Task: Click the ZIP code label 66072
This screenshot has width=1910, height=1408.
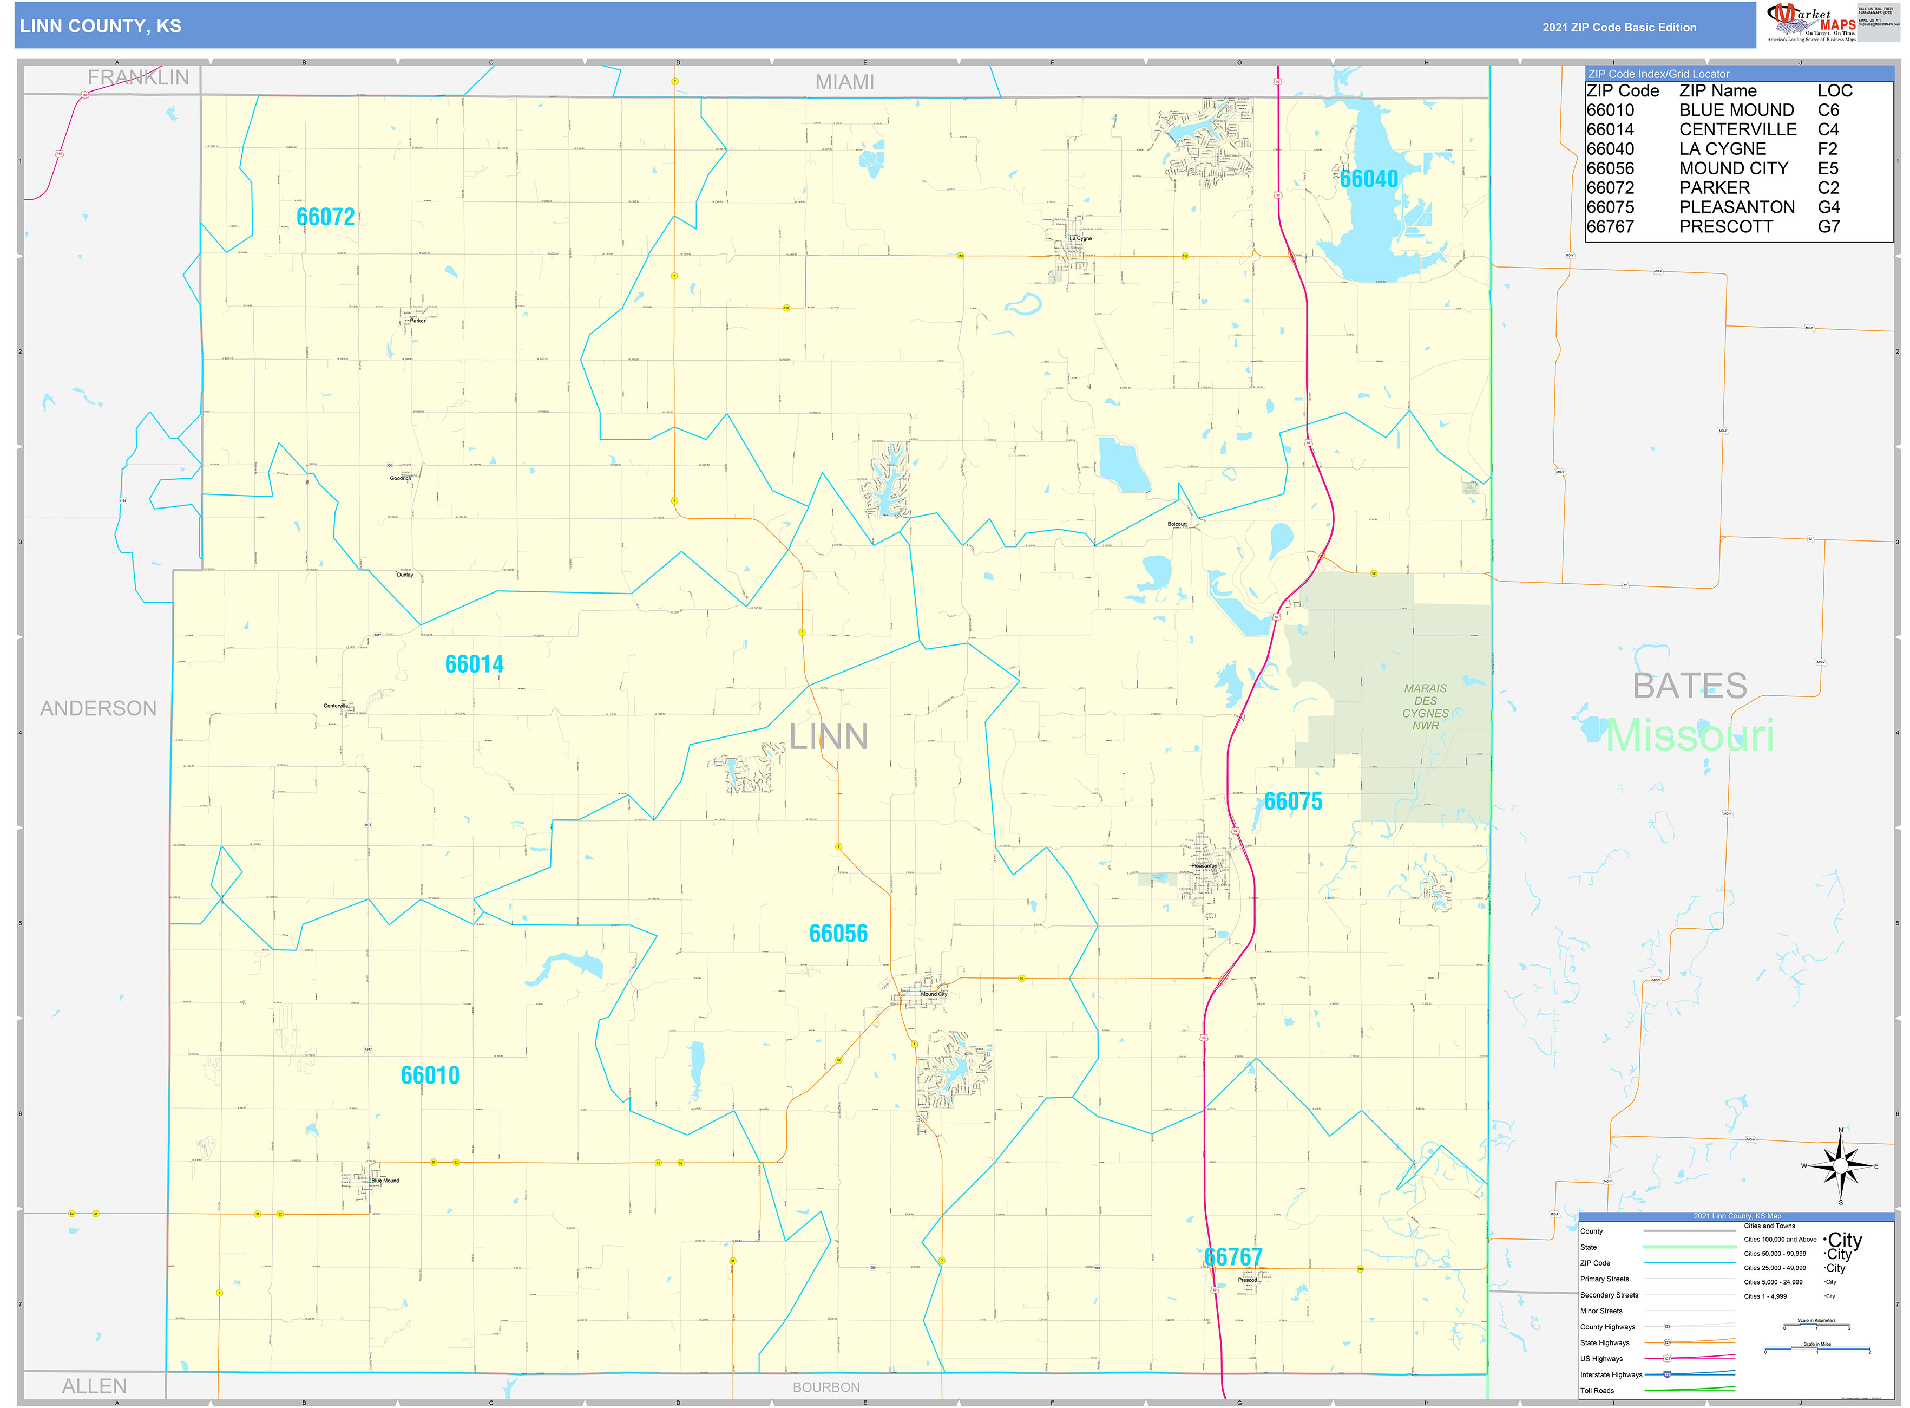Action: click(x=325, y=217)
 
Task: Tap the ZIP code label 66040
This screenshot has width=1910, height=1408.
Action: click(x=1368, y=179)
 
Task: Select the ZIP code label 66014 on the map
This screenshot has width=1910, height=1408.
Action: click(x=474, y=664)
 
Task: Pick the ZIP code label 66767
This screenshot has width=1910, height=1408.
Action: click(x=1233, y=1257)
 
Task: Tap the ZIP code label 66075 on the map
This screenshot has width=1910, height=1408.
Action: click(x=1292, y=801)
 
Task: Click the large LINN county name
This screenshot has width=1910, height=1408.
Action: click(x=828, y=736)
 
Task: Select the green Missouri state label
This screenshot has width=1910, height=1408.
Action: click(x=1689, y=735)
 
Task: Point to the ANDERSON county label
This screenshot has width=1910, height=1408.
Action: click(x=98, y=708)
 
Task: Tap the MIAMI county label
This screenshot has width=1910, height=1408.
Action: click(x=844, y=82)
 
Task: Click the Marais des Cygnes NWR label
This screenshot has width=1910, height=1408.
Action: click(x=1425, y=707)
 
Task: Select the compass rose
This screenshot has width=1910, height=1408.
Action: click(x=1840, y=1165)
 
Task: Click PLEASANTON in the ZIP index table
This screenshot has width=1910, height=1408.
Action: click(x=1736, y=207)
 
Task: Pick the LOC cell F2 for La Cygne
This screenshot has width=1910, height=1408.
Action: click(x=1827, y=149)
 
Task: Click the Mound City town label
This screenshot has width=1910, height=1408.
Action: click(x=933, y=994)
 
